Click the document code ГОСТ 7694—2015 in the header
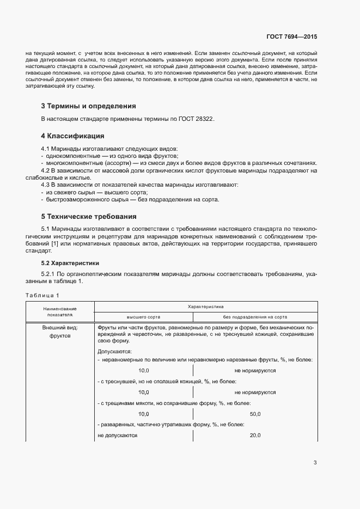pos(291,36)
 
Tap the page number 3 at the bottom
pos(315,463)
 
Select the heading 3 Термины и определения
pos(88,106)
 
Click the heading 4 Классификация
pos(72,136)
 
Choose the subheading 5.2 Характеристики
pos(70,263)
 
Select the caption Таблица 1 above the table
pos(42,295)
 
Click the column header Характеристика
pos(206,307)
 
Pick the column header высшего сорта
pos(144,316)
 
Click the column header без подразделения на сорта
pos(255,316)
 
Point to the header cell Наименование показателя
pos(60,311)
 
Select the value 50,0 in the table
pos(255,414)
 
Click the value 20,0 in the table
pos(255,436)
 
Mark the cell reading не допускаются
pos(117,436)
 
